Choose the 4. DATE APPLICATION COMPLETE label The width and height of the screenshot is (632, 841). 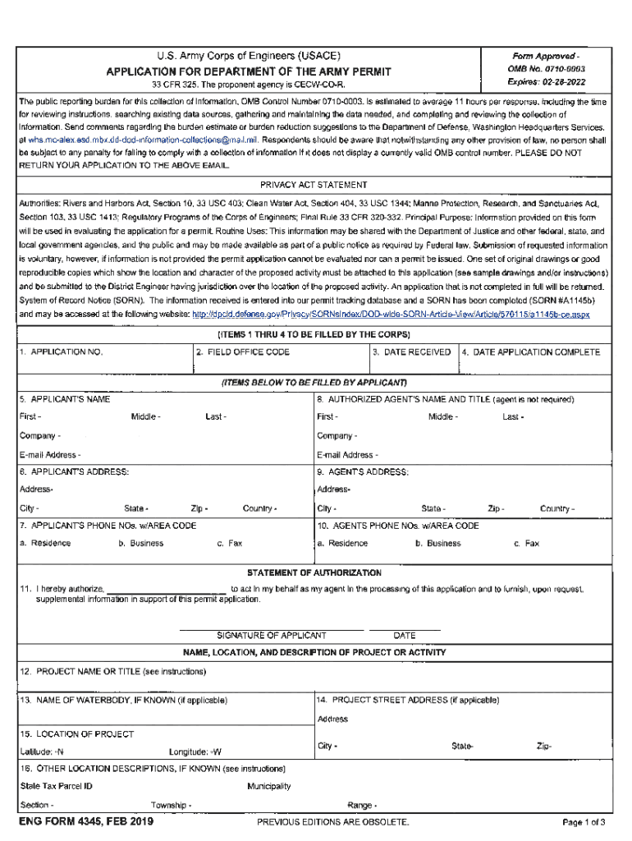pos(530,352)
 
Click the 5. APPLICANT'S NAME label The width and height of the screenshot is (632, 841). pos(65,399)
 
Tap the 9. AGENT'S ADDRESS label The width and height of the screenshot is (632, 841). pos(363,471)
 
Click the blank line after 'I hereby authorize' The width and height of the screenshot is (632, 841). pos(167,590)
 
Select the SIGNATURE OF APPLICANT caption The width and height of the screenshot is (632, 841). pos(271,636)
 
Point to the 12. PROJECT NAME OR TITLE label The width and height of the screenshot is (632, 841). pos(112,671)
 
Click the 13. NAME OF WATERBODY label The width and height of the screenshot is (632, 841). pos(123,701)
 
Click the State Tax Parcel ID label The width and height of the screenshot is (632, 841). pos(56,786)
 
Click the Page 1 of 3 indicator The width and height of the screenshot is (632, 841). pos(584,822)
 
